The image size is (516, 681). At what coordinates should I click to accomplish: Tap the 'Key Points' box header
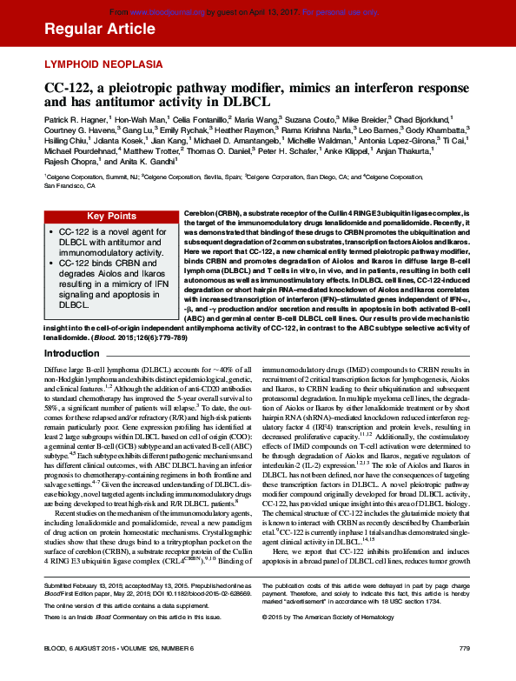[110, 216]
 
